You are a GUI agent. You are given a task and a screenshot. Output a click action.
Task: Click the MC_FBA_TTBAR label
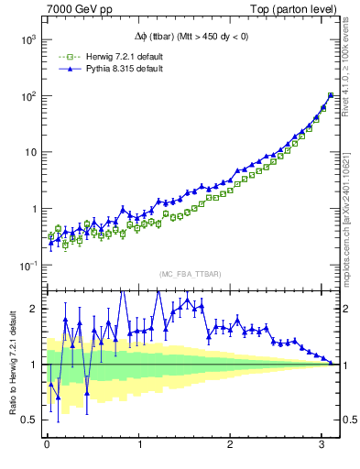pyautogui.click(x=190, y=274)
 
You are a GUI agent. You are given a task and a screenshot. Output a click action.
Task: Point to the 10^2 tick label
pyautogui.click(x=27, y=96)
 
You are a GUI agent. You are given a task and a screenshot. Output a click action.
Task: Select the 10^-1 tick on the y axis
pyautogui.click(x=27, y=266)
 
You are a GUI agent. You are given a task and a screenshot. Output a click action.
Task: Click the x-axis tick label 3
pyautogui.click(x=322, y=446)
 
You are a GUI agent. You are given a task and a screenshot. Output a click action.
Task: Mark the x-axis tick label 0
pyautogui.click(x=47, y=446)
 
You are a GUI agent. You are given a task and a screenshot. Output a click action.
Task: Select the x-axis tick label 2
pyautogui.click(x=231, y=446)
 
